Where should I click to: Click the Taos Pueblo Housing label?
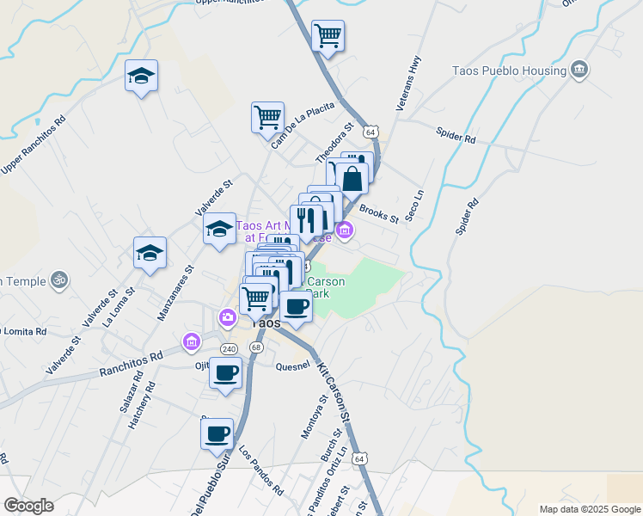(508, 71)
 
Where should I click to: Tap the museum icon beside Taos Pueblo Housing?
(579, 70)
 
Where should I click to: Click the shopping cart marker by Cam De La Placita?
(268, 116)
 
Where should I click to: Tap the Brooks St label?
(379, 212)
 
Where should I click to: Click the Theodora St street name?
(334, 143)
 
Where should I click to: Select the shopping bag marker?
(352, 178)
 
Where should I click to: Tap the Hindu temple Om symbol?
(59, 279)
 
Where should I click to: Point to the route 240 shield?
(228, 349)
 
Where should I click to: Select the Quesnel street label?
(292, 365)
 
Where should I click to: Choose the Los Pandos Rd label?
(260, 470)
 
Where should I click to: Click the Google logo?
(29, 506)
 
